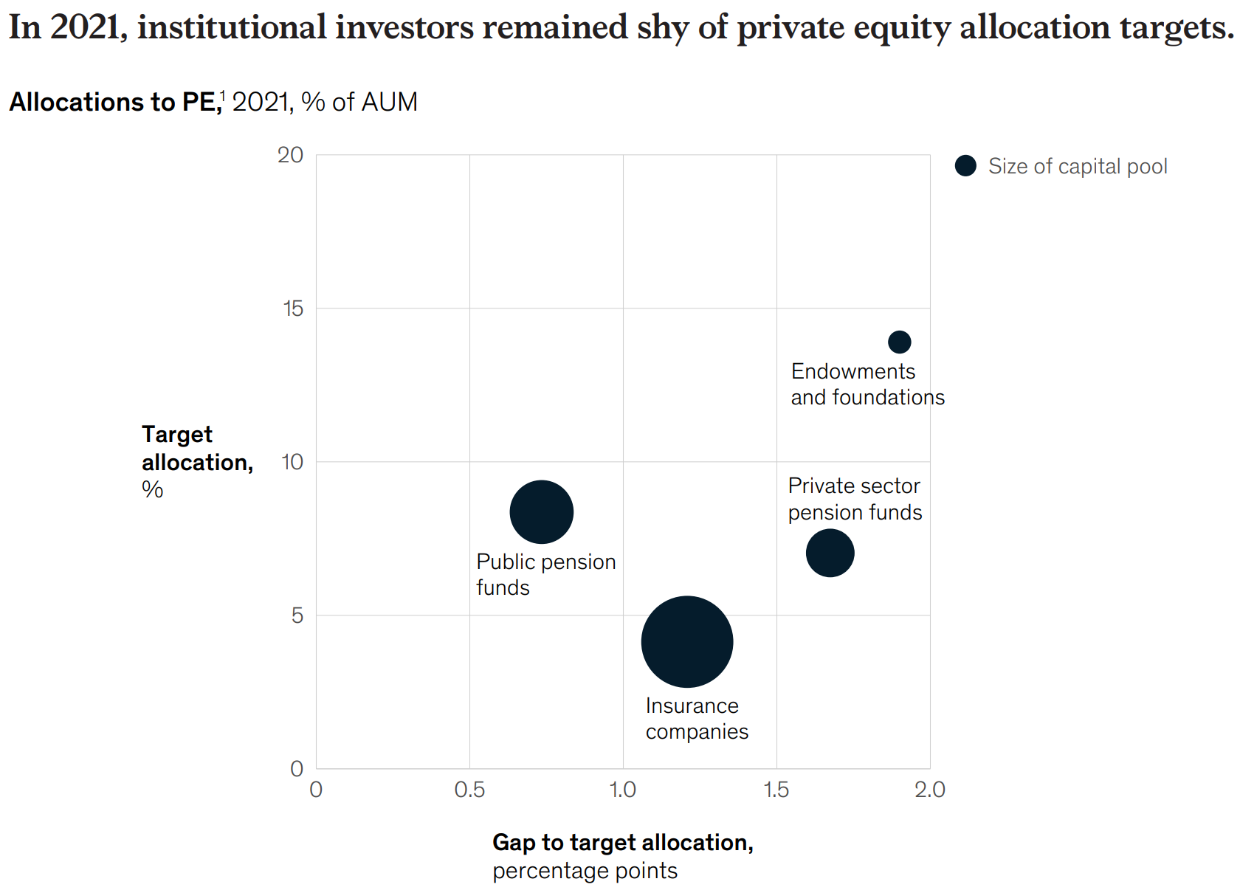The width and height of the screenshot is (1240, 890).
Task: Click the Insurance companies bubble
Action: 686,641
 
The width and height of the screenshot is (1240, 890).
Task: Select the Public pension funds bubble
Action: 541,511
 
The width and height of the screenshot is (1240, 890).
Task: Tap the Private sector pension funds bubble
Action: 830,553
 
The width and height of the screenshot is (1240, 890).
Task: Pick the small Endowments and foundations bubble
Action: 899,342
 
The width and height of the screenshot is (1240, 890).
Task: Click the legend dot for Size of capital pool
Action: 965,166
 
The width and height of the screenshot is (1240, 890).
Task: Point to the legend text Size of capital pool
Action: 1078,166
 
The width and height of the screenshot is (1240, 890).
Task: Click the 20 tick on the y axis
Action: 290,155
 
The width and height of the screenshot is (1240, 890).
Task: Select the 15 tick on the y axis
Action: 293,308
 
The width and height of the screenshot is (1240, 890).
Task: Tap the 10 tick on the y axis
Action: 292,462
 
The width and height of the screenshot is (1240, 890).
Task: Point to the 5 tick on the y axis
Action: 297,615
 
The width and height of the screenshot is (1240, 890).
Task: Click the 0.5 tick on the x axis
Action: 469,790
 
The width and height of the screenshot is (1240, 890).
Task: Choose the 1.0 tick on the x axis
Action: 623,790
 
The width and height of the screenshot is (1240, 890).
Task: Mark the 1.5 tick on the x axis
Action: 776,790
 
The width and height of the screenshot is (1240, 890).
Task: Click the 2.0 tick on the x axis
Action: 929,790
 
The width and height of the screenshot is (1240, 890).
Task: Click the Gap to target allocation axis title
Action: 622,843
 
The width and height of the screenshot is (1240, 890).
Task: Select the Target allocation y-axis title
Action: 196,449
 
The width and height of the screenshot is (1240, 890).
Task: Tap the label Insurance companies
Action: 696,719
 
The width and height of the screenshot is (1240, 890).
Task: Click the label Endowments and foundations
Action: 867,384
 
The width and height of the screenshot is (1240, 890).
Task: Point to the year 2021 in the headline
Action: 84,27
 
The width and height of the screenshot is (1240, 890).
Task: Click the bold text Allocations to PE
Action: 114,102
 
